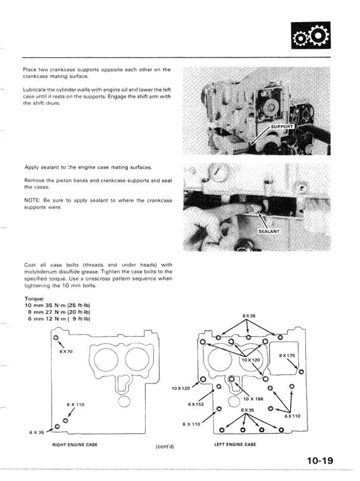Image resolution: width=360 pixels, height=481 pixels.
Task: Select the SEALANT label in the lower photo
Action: tap(269, 230)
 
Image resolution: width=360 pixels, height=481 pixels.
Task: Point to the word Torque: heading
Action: tap(34, 299)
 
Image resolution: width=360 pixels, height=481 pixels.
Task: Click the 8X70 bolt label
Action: tap(67, 352)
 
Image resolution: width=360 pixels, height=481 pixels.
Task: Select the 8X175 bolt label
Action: tap(287, 355)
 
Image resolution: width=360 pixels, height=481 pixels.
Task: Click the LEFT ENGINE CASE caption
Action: tap(235, 445)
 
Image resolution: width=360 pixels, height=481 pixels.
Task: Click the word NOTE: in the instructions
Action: tap(34, 200)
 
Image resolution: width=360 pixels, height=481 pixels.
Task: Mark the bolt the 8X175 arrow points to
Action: tap(301, 372)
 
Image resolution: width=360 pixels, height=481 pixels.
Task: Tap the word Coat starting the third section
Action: tap(31, 265)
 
